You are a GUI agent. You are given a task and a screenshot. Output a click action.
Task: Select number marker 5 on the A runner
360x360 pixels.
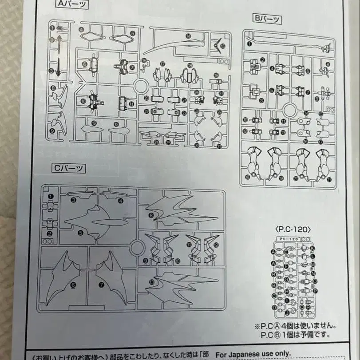[x=133, y=33]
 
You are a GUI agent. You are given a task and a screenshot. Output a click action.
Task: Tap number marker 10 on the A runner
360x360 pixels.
[x=83, y=101]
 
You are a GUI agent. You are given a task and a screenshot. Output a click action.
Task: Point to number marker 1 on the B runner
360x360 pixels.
[x=249, y=44]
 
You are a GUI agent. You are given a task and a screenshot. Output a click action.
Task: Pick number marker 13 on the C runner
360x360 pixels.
[x=152, y=281]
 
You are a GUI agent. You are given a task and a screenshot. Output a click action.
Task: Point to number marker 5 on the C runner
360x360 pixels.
[x=80, y=232]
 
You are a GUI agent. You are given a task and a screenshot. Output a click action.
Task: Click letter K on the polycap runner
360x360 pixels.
[x=313, y=248]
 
